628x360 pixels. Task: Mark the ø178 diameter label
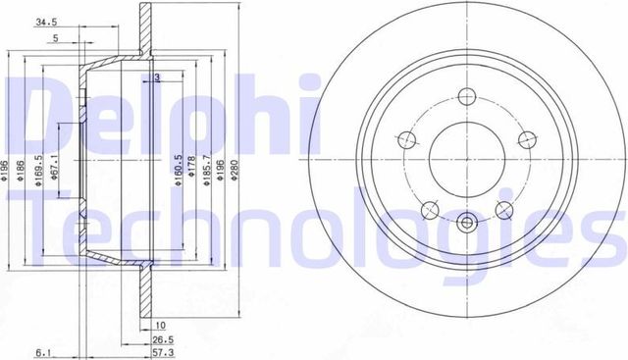[x=192, y=169]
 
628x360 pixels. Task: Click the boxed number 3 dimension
[x=157, y=77]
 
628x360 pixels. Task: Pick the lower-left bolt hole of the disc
[x=428, y=209]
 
